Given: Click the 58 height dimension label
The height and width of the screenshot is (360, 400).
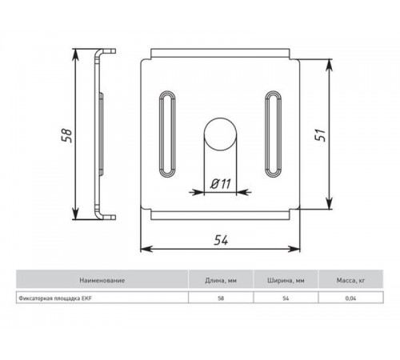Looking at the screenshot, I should [66, 133].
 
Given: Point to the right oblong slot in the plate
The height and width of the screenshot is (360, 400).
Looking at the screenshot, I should [272, 134].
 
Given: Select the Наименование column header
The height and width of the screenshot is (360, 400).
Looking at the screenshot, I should [102, 281].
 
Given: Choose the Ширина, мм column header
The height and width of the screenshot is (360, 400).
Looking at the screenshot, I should [286, 281].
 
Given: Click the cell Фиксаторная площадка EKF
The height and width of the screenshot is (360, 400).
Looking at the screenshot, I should [56, 298].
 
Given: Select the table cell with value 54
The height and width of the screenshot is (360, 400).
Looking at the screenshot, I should [286, 298].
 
